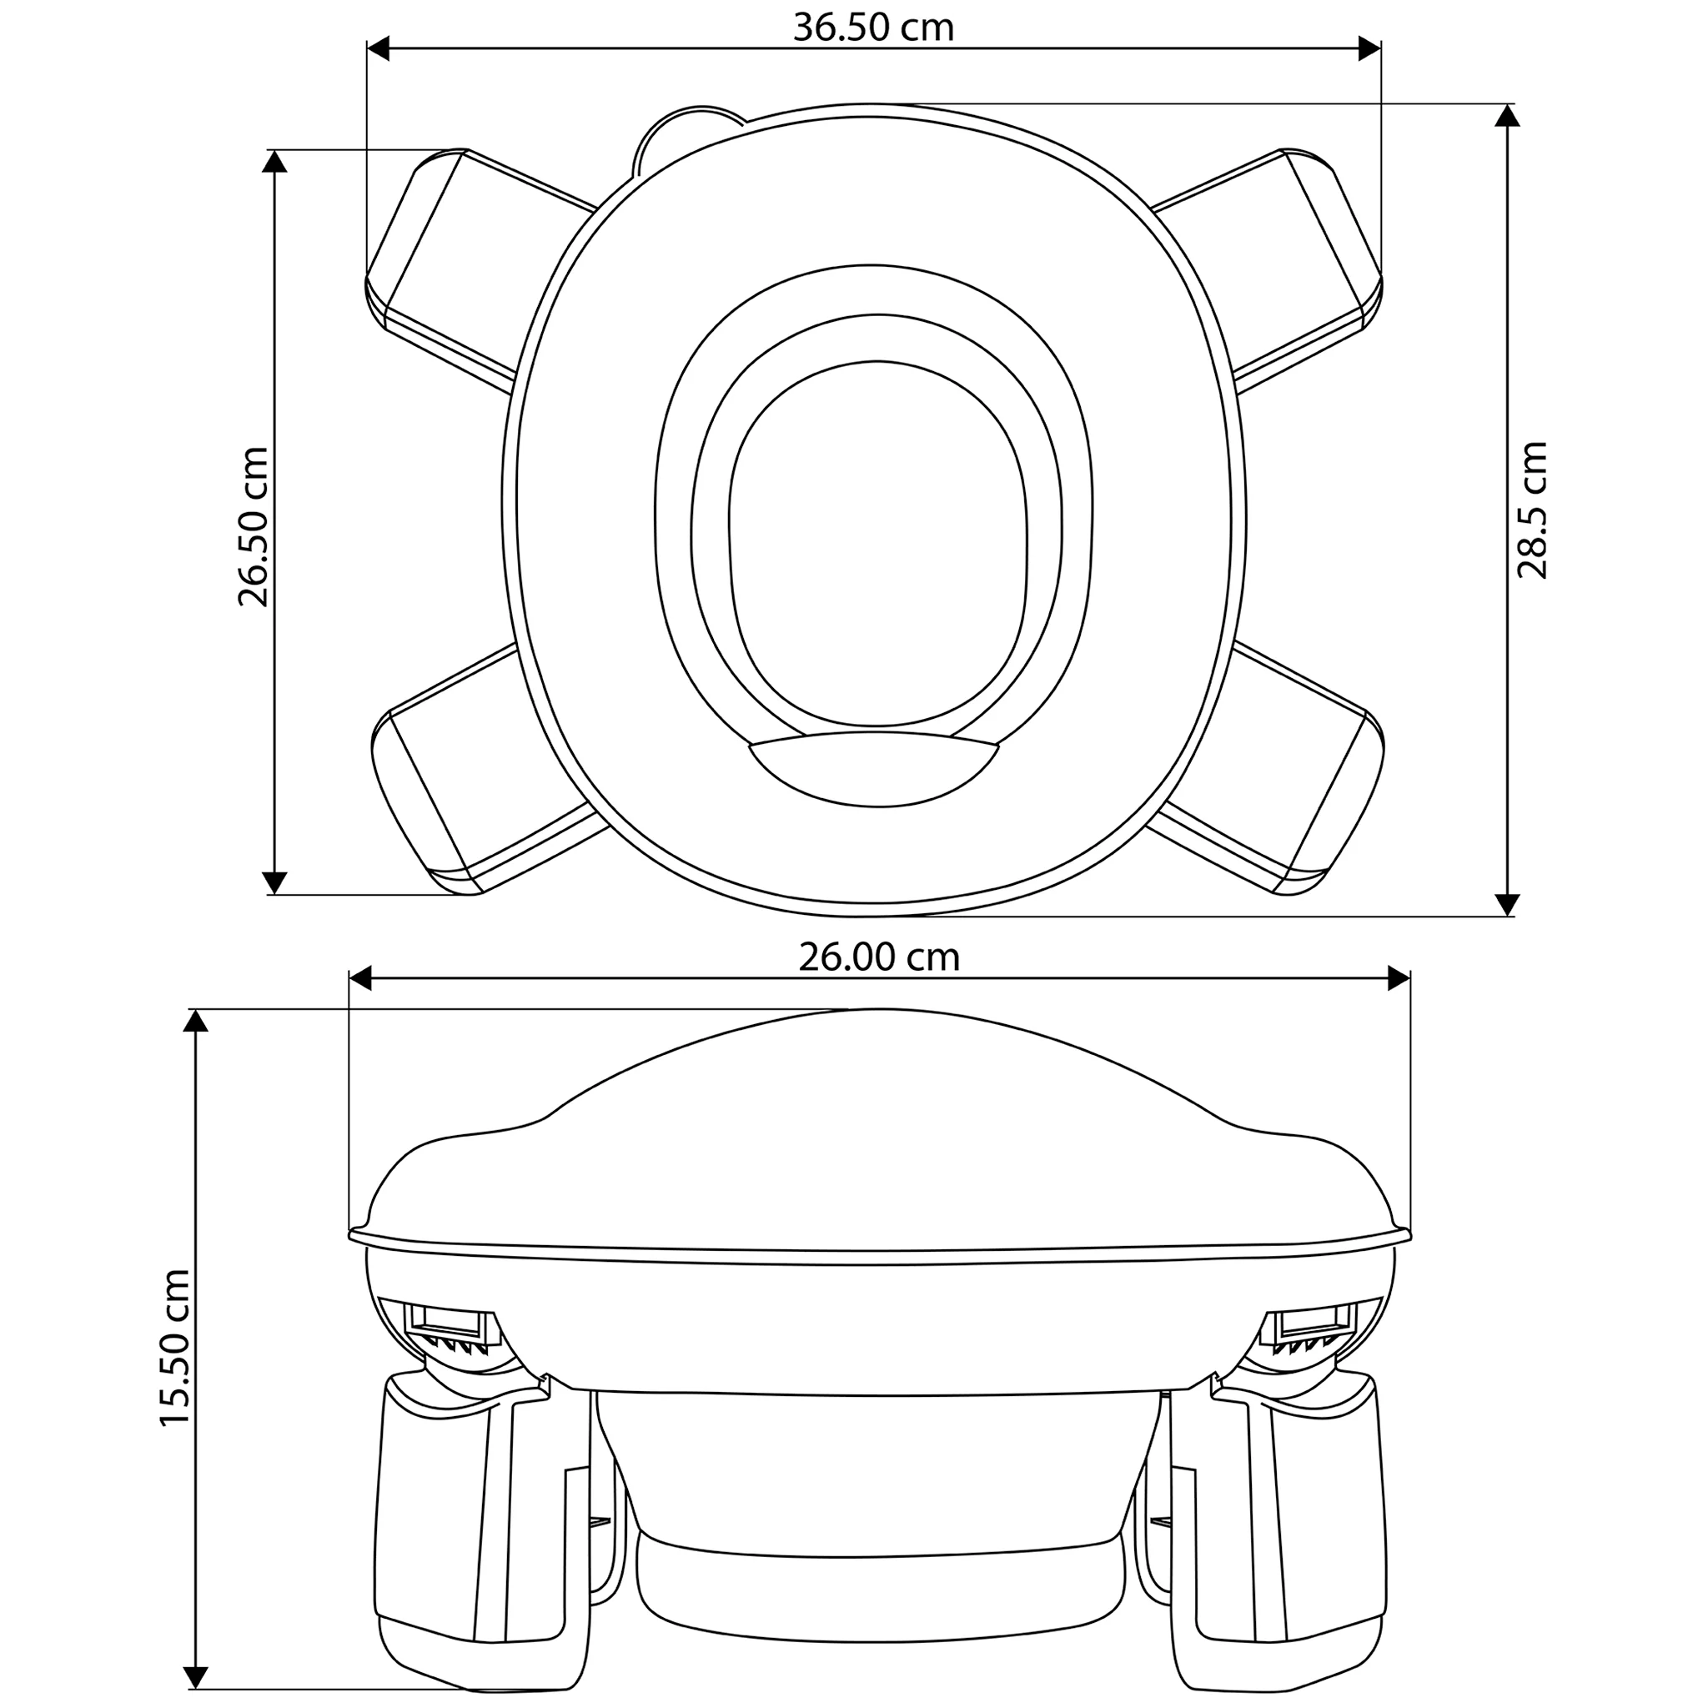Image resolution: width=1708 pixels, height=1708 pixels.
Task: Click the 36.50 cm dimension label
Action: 873,28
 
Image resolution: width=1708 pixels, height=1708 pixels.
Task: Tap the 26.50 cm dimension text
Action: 253,527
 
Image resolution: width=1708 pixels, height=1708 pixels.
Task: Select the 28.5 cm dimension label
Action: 1532,510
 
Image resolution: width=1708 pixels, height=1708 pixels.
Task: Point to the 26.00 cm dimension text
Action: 879,957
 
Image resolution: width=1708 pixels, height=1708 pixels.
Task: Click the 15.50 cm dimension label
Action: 175,1348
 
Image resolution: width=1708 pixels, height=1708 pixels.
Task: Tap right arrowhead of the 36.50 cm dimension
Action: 1369,49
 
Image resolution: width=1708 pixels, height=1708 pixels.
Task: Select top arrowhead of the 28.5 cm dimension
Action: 1506,116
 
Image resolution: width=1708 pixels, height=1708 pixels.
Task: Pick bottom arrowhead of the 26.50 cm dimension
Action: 275,882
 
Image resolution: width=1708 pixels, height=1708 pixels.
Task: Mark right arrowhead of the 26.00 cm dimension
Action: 1398,978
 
